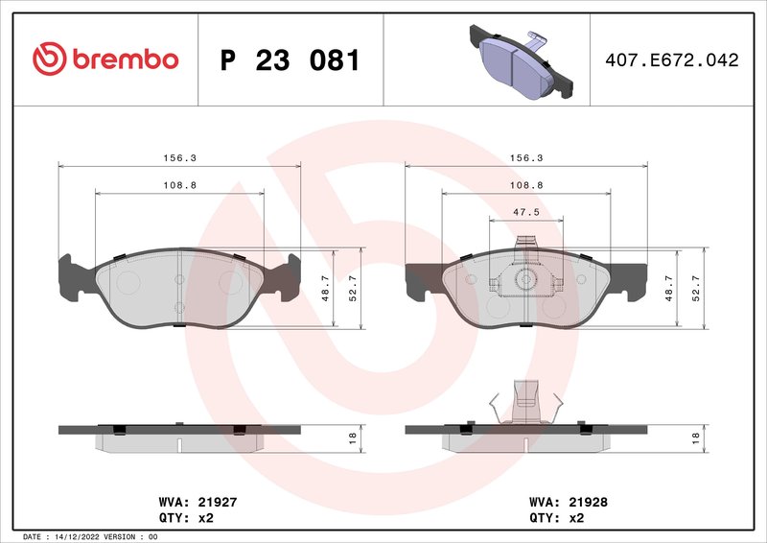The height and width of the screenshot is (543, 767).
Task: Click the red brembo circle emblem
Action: (48, 59)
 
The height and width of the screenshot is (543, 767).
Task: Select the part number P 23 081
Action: (290, 60)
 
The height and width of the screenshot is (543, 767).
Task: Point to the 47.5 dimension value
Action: (523, 212)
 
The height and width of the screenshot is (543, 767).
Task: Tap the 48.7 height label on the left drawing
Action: (327, 289)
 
